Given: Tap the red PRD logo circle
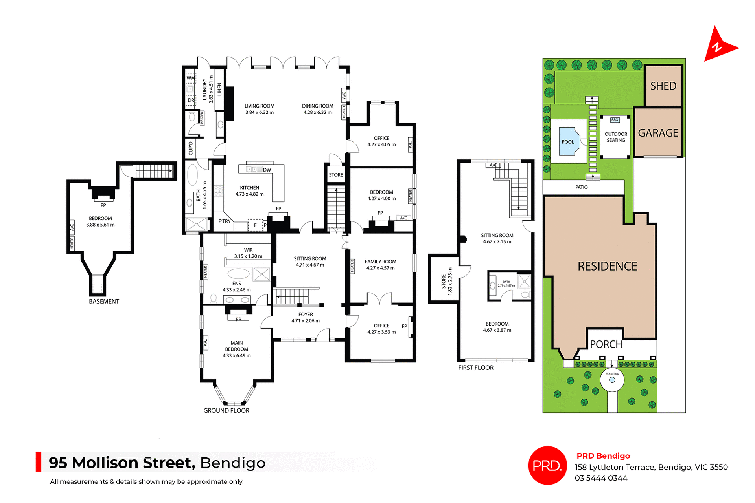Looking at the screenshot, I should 547,465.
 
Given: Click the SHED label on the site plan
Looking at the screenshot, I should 663,86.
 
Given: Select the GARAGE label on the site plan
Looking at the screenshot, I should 658,133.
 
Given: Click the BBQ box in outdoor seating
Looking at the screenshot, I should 615,120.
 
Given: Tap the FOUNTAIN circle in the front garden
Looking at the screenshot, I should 612,380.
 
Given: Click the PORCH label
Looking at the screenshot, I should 606,344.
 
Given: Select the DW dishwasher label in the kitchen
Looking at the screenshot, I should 267,170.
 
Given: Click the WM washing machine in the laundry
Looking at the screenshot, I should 191,78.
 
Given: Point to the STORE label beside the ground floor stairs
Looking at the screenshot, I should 336,175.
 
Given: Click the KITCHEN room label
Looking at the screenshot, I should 249,188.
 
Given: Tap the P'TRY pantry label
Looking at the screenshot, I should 225,221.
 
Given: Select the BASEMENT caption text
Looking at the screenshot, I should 104,301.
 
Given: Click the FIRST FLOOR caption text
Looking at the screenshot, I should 475,368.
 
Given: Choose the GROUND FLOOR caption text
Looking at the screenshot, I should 226,410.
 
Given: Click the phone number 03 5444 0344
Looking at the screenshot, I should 601,478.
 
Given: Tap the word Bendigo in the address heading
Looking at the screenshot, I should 233,463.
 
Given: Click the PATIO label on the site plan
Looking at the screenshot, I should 581,187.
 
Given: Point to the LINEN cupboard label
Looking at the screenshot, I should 219,89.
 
